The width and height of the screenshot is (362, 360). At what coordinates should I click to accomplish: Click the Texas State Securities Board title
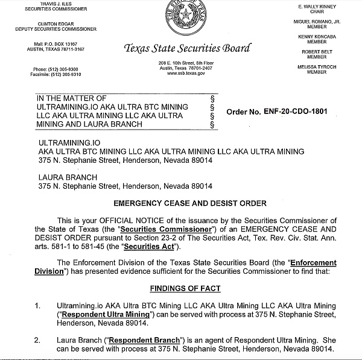click(x=186, y=49)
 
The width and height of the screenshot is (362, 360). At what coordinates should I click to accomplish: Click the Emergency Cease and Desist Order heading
click(x=189, y=203)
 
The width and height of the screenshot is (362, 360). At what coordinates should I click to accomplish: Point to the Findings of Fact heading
click(x=185, y=288)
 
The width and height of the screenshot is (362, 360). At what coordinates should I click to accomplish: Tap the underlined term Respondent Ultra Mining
click(x=94, y=315)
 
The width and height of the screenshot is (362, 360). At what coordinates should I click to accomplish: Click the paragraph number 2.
click(x=37, y=340)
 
